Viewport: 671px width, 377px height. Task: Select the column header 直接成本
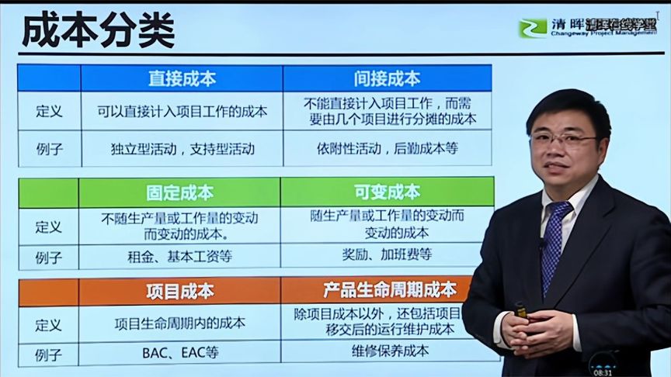(x=182, y=78)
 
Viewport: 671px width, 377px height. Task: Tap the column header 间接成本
(x=387, y=78)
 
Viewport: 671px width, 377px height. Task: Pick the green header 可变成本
(x=387, y=192)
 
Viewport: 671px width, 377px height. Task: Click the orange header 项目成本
(x=179, y=292)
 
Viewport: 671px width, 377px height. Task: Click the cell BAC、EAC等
(x=180, y=352)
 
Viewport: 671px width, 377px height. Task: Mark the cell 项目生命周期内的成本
(x=179, y=322)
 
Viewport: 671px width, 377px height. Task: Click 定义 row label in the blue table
(x=49, y=111)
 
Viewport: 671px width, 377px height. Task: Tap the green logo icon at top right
(x=533, y=29)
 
